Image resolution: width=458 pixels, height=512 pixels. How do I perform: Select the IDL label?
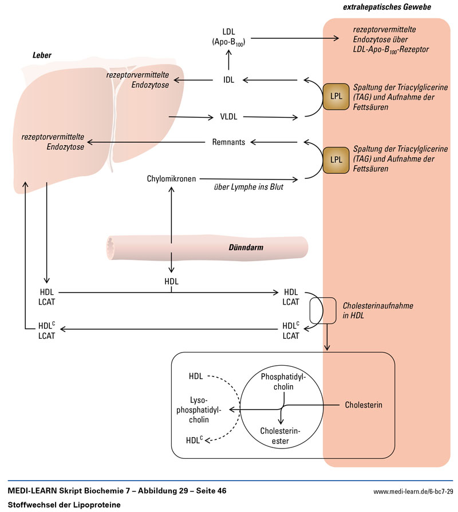(228, 81)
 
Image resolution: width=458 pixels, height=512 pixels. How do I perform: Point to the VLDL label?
(228, 117)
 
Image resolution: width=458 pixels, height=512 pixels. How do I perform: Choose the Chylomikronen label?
(172, 179)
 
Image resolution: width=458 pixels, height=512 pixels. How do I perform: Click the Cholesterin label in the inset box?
(364, 405)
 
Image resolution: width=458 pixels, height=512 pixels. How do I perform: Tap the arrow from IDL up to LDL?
(228, 59)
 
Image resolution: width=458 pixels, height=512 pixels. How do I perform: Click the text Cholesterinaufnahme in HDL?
(378, 311)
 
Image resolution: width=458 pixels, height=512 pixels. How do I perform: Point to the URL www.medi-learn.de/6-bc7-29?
(413, 491)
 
